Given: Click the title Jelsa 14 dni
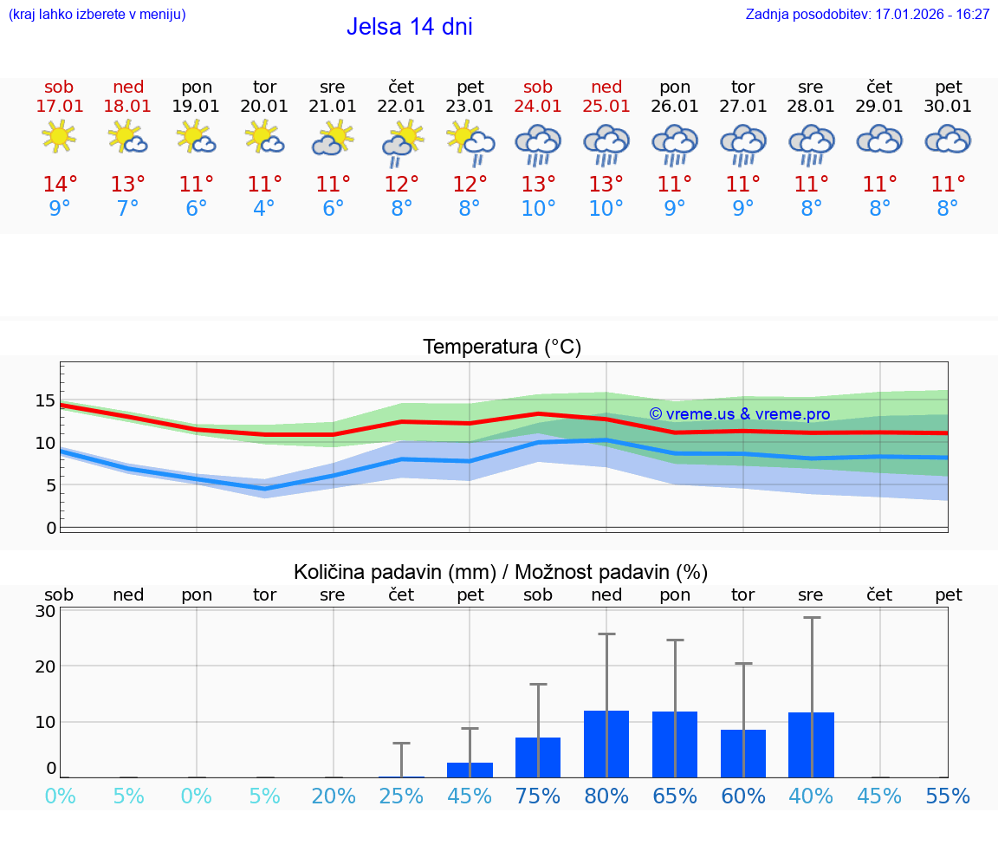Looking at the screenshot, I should tap(409, 27).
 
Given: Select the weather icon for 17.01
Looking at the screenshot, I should tap(59, 138).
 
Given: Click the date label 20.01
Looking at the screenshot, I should tap(264, 107).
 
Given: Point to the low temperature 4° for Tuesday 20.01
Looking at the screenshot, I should tap(264, 209).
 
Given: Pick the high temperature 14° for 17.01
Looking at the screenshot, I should tap(59, 185).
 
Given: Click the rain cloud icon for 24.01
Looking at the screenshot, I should tap(538, 143).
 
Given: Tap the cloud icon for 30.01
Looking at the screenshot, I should tap(948, 139).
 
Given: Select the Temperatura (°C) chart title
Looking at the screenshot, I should tap(502, 348).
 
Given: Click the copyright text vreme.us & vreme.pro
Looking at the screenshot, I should tap(739, 414).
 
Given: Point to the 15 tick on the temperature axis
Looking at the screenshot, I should tap(45, 400).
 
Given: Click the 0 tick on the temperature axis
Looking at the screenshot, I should tap(50, 528).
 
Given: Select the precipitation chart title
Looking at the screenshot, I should tap(501, 572).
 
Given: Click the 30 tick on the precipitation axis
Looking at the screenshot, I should tap(45, 611).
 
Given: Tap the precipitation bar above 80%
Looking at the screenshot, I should tap(606, 744).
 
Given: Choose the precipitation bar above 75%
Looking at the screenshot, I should tap(538, 757).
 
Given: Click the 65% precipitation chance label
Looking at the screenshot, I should tap(675, 796).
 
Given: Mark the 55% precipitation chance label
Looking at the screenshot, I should tap(948, 796).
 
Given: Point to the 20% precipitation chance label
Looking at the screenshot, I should tap(334, 796).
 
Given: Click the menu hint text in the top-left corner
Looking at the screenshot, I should tap(96, 14).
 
